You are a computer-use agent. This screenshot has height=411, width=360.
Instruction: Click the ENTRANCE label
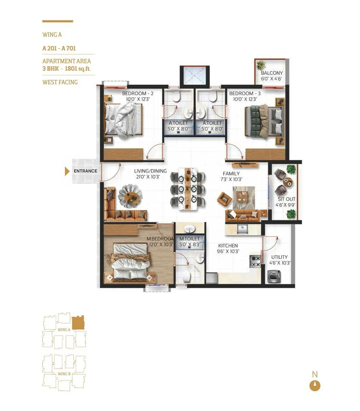(x=86, y=171)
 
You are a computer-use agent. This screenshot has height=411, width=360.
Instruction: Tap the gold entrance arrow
(x=67, y=171)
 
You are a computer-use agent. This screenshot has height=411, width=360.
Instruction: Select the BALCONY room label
(x=272, y=73)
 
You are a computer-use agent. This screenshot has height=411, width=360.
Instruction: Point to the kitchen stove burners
(x=255, y=261)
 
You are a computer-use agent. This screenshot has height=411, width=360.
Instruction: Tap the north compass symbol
(x=315, y=386)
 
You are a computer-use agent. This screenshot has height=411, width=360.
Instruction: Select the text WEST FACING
(x=60, y=82)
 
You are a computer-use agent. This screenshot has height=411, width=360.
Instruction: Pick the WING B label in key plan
(x=64, y=374)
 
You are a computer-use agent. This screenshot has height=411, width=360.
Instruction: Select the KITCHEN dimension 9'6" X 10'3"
(x=228, y=251)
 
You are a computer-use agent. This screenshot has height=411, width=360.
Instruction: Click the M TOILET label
(x=189, y=239)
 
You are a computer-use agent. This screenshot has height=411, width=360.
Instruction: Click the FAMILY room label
(x=231, y=174)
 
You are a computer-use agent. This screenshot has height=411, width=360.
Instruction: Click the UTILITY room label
(x=280, y=257)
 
